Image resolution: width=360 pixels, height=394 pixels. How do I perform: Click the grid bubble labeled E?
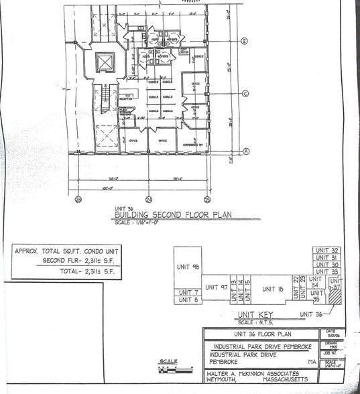pos(245,42)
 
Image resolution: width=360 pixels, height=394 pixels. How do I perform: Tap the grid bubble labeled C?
pos(245,94)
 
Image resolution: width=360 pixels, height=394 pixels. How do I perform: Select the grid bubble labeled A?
pos(245,151)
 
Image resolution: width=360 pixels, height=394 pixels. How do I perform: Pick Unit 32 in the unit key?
pos(326,251)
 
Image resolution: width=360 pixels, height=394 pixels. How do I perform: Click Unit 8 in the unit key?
pos(188,300)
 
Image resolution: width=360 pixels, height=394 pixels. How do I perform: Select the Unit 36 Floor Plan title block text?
pos(261,334)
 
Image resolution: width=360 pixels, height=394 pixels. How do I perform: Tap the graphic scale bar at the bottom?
pos(168,368)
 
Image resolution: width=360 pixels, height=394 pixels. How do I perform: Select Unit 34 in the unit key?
pos(314,281)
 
